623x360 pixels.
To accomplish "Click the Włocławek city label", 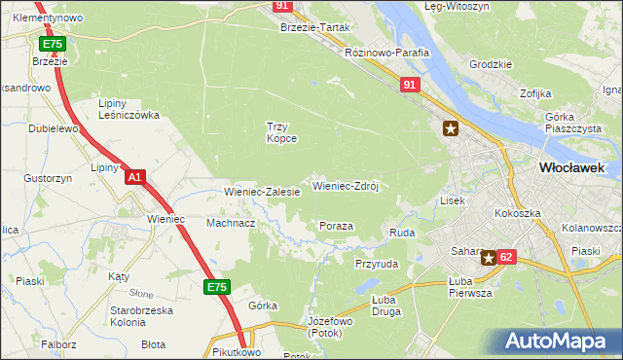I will click(571, 167).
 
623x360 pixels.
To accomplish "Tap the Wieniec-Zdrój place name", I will click(345, 185).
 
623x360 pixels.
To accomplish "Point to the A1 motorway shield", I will click(136, 177).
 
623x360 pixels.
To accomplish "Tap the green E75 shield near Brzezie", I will click(53, 45).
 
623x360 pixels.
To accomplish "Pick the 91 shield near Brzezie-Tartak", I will click(282, 6).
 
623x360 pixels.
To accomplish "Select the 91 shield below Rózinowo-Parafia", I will click(410, 87).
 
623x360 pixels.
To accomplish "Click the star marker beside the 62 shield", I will click(488, 258).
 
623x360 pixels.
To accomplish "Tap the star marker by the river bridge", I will click(450, 127).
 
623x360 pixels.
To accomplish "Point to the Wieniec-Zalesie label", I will click(262, 193).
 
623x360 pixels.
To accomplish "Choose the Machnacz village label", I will click(231, 223).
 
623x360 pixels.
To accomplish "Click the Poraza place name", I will click(336, 226).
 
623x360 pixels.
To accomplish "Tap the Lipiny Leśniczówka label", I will click(128, 109).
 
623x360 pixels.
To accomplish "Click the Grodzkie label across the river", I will click(490, 65).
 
